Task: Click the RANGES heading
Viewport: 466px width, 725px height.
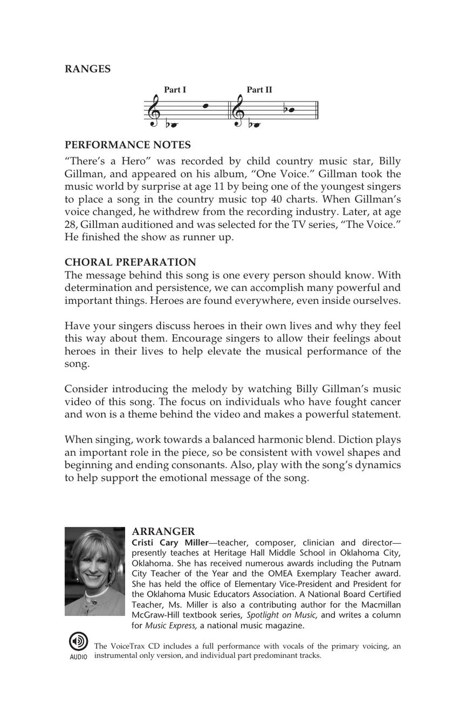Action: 87,69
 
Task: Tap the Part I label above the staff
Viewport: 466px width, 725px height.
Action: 175,90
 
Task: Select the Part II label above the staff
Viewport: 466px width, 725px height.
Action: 259,90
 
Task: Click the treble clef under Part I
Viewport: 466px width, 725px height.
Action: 154,111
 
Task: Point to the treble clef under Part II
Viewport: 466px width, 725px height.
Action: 238,111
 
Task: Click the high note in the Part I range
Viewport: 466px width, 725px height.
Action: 205,106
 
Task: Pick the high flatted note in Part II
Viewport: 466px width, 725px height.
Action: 291,110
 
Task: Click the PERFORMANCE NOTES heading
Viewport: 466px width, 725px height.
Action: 127,145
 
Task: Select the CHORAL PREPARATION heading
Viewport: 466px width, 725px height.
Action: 131,262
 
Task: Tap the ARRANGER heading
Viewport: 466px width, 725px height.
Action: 163,532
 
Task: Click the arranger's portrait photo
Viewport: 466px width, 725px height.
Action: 95,571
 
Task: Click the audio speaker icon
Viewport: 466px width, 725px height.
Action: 78,641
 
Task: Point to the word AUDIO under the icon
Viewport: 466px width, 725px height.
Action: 78,657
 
